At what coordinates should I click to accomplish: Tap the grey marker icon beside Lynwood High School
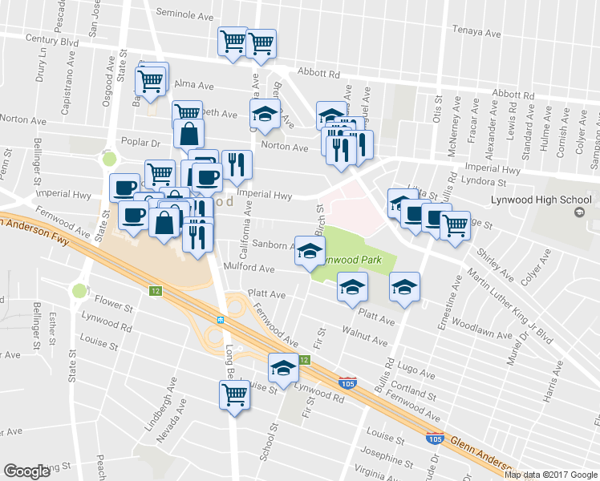[x=578, y=212]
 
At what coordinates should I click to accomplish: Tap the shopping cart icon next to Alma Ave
[x=152, y=79]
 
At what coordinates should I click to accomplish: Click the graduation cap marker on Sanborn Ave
[x=310, y=251]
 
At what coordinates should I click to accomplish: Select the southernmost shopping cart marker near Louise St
[x=234, y=394]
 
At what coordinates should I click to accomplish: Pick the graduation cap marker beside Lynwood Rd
[x=282, y=367]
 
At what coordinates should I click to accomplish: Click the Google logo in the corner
[x=27, y=471]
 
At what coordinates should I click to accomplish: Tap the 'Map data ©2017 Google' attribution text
[x=551, y=474]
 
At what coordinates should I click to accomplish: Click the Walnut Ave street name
[x=364, y=335]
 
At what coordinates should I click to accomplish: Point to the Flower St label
[x=113, y=305]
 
